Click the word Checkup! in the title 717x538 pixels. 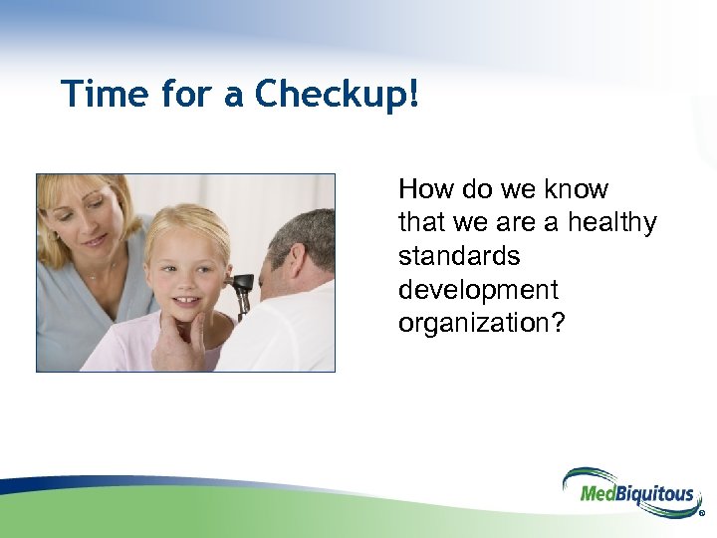coord(338,95)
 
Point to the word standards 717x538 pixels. coord(459,256)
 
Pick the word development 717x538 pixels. coord(478,290)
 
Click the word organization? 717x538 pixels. coord(481,325)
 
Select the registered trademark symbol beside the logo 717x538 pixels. coord(702,514)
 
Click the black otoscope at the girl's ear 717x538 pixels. coord(242,290)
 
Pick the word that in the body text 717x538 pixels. coord(422,222)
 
